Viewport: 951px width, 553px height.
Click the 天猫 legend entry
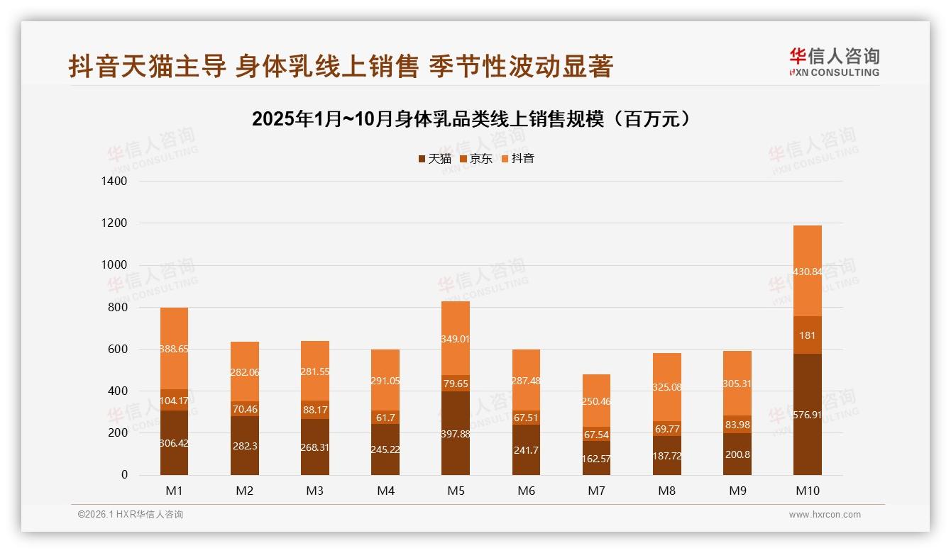434,159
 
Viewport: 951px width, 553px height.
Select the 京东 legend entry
475,159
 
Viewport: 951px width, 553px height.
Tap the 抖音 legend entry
517,159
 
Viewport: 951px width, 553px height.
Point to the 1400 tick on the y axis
114,181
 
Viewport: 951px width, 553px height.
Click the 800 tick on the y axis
117,308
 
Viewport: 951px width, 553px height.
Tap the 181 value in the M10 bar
807,335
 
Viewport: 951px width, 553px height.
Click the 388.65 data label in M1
174,350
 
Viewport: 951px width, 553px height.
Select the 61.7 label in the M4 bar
385,418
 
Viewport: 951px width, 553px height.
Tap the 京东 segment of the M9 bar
737,424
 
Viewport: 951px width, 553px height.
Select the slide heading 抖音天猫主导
341,67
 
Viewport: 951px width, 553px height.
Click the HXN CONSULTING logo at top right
834,62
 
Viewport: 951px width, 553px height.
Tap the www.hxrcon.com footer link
825,515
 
